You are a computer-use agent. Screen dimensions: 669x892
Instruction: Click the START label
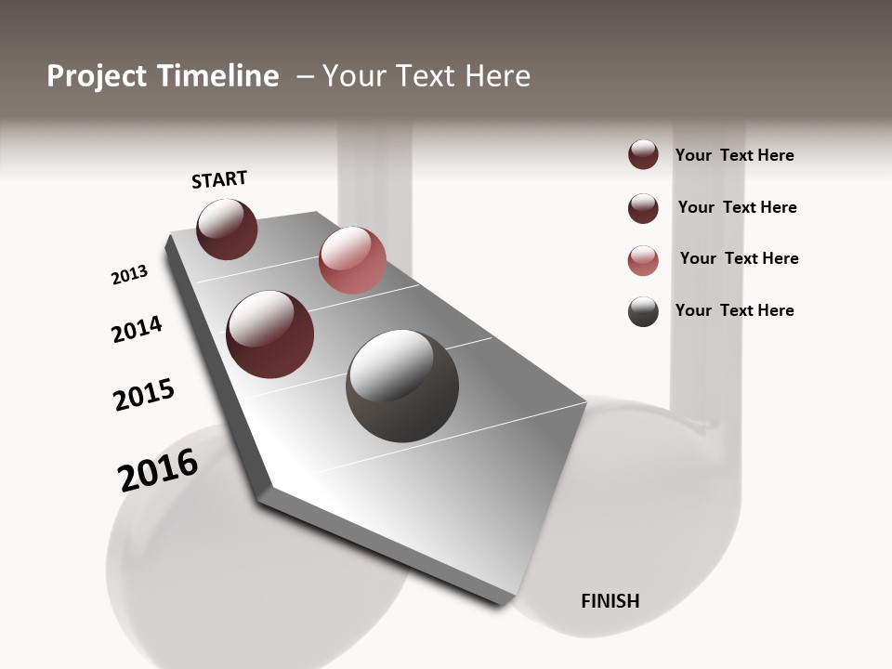point(219,179)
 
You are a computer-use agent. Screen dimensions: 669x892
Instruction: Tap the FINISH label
point(610,601)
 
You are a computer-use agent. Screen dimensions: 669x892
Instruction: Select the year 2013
point(129,275)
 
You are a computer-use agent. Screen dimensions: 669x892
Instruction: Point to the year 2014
point(137,329)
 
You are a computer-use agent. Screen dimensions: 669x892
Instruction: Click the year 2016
point(158,470)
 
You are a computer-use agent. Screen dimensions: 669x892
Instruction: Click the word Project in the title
point(98,76)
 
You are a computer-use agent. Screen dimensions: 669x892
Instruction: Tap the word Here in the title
point(497,76)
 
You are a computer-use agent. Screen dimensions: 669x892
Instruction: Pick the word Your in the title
point(354,76)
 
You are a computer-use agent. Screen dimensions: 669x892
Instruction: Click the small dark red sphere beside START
point(227,229)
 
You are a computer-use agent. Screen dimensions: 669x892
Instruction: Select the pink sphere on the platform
point(352,260)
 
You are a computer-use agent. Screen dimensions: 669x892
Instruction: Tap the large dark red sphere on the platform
point(269,334)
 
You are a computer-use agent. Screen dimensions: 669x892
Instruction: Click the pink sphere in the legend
point(643,260)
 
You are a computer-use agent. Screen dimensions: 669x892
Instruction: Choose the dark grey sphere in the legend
point(643,311)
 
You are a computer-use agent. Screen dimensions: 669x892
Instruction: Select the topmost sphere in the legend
point(643,154)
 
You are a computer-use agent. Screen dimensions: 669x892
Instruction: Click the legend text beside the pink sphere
point(739,258)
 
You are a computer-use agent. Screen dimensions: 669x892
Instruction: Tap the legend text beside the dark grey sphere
point(734,310)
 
